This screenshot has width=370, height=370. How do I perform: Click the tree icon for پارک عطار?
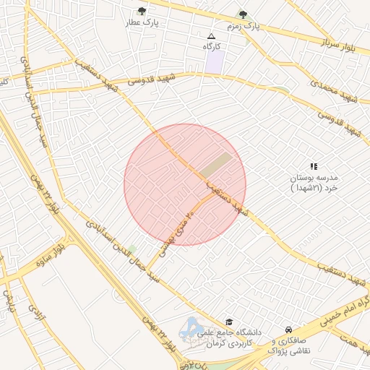click(x=142, y=12)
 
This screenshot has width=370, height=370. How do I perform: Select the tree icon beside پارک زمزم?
click(x=243, y=14)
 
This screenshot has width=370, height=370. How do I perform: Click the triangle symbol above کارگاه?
click(x=211, y=35)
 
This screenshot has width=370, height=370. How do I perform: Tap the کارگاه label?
click(x=211, y=46)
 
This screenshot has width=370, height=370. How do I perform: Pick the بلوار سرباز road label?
click(x=339, y=45)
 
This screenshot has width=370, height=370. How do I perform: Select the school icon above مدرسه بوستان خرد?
click(x=314, y=166)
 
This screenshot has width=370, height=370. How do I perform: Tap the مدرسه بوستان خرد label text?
click(x=314, y=182)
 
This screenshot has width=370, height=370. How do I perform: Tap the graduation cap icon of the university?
click(x=229, y=322)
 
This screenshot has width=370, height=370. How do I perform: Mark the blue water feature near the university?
click(x=192, y=327)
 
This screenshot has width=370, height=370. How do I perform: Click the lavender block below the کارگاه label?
click(x=213, y=61)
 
